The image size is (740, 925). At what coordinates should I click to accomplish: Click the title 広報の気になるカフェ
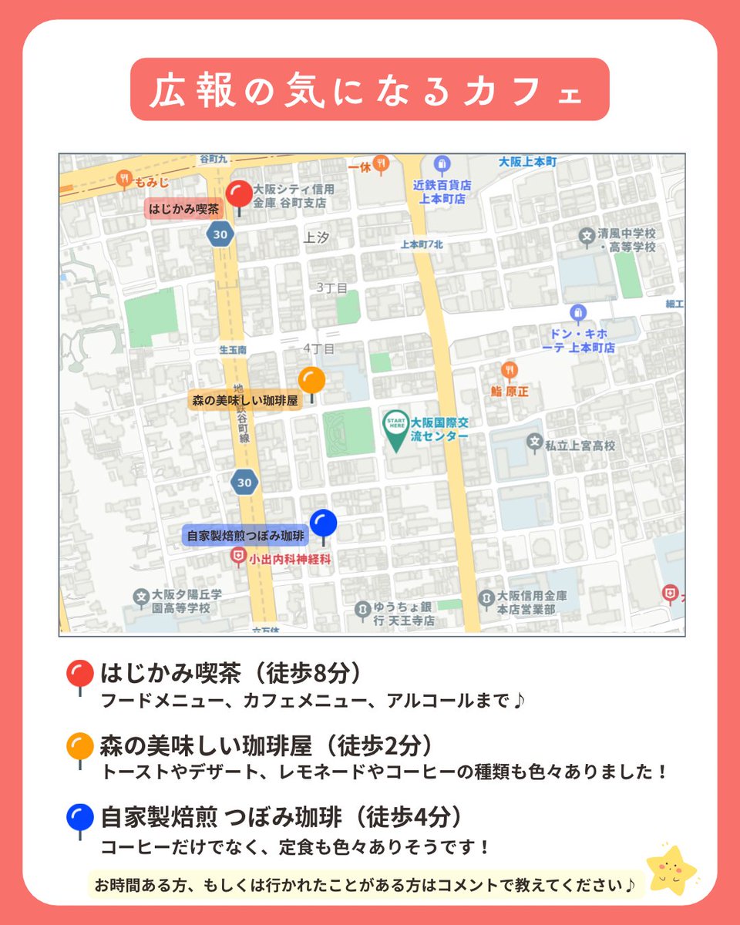click(x=369, y=89)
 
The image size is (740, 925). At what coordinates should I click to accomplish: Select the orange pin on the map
click(x=311, y=380)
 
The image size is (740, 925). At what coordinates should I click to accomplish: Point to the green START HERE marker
click(x=396, y=429)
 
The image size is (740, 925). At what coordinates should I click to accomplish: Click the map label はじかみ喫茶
click(x=184, y=208)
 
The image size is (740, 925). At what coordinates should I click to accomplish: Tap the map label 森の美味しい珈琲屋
click(x=244, y=400)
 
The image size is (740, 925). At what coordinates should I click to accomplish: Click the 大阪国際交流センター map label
click(x=439, y=429)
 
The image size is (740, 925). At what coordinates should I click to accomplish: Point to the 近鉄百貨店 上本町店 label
click(x=442, y=192)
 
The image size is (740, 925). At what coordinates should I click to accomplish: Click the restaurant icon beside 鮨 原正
click(x=509, y=371)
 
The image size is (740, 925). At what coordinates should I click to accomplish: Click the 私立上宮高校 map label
click(x=580, y=445)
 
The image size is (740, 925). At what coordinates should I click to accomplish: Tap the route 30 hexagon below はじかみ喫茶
click(x=220, y=234)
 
